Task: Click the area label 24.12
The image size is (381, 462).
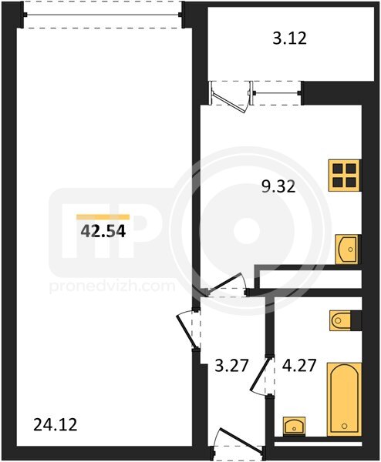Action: [56, 425]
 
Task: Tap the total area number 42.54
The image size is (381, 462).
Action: [103, 231]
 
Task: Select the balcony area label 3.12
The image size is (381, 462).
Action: [289, 38]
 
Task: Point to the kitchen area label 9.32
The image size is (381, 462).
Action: [278, 186]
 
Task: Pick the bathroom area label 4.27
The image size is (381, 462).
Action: [299, 366]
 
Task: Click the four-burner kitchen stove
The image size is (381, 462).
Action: [345, 176]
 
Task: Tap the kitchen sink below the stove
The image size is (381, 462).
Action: [348, 249]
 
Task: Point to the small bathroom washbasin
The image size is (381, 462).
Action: [295, 426]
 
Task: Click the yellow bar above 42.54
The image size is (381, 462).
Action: [103, 217]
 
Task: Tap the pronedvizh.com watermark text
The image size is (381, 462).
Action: [112, 286]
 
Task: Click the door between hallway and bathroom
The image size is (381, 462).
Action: [260, 374]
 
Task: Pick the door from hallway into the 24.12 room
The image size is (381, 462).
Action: [186, 331]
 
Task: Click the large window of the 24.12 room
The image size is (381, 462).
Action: [103, 15]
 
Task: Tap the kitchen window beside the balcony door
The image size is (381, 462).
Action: [275, 93]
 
